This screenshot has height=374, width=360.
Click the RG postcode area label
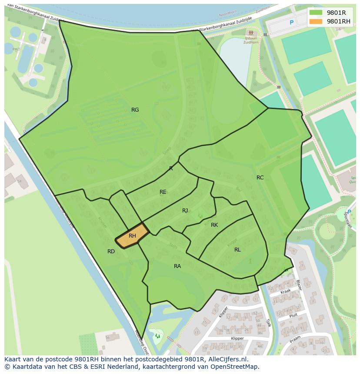(135, 110)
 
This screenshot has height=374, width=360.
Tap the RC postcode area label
(260, 177)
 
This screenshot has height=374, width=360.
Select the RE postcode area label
(163, 192)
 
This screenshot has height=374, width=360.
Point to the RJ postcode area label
(185, 211)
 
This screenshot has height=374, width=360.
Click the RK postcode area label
(214, 225)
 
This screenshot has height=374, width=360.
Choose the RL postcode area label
(237, 249)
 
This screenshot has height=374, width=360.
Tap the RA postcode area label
(177, 266)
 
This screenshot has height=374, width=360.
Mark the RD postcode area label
(111, 251)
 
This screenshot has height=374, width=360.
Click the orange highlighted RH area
(132, 236)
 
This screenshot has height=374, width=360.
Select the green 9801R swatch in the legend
(316, 13)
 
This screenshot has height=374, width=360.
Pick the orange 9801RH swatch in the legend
(316, 21)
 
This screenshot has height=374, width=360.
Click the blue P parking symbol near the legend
(292, 23)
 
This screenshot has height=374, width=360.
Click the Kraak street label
(285, 292)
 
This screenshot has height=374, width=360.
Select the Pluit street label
(293, 317)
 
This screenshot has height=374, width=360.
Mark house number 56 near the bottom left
(107, 338)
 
